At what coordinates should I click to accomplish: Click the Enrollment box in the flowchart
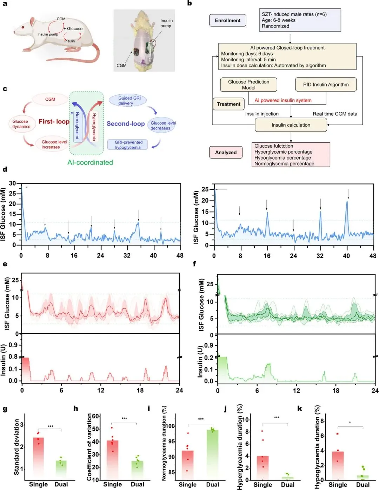(x=227, y=20)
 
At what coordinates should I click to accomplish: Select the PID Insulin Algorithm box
(x=326, y=85)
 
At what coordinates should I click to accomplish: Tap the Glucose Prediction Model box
(x=248, y=85)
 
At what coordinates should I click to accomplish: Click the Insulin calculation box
(x=291, y=125)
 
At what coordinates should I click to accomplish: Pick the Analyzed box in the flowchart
(x=226, y=152)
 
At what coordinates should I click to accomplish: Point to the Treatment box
(x=228, y=104)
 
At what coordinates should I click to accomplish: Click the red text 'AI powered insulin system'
(x=283, y=100)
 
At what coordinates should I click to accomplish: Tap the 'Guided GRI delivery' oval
(x=127, y=101)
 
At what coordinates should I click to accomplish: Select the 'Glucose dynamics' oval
(x=21, y=124)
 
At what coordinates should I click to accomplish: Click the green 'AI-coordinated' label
(x=90, y=162)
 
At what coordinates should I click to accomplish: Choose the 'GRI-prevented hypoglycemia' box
(x=127, y=145)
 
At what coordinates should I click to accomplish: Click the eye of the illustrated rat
(x=23, y=27)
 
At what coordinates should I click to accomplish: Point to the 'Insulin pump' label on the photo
(x=166, y=23)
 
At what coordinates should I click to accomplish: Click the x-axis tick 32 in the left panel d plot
(x=127, y=255)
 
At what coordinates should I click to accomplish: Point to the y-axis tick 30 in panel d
(x=13, y=183)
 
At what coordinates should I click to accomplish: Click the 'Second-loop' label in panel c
(x=126, y=123)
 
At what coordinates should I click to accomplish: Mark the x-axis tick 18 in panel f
(x=336, y=390)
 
